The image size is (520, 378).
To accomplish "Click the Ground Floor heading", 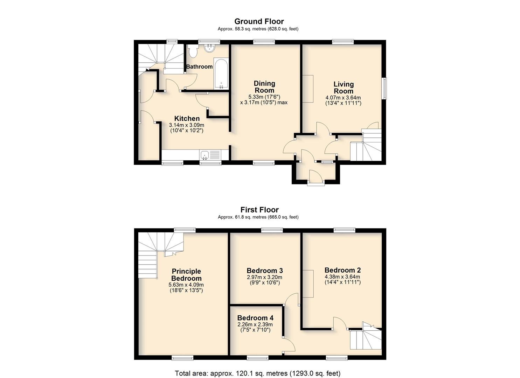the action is click(259, 21).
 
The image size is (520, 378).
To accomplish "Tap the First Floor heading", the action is click(259, 210).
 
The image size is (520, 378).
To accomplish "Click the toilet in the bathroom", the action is click(193, 51).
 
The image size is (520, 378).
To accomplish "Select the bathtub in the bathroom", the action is click(221, 74).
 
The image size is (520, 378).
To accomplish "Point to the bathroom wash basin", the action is click(210, 48).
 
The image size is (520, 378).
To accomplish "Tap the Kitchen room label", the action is click(187, 118).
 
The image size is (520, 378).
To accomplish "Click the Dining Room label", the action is click(264, 86).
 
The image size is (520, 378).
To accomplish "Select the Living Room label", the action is click(344, 87).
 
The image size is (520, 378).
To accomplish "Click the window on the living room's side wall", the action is click(385, 89).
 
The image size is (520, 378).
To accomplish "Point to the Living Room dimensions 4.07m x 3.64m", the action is click(343, 98).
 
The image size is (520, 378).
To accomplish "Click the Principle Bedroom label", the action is click(186, 275).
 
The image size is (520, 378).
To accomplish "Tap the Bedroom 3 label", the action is click(265, 271).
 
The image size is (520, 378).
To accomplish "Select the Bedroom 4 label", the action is click(255, 318).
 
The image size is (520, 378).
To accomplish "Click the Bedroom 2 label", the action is click(343, 270).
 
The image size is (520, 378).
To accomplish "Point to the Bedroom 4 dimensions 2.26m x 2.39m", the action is click(255, 324).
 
